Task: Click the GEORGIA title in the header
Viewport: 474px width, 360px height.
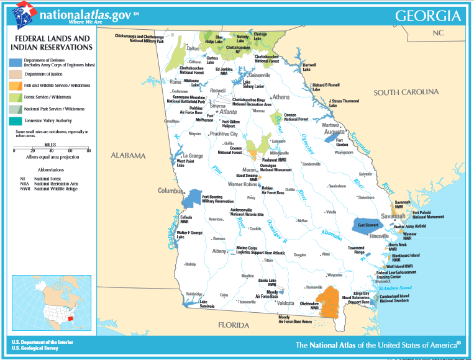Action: (x=427, y=15)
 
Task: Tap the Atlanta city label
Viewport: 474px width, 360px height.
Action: (x=227, y=112)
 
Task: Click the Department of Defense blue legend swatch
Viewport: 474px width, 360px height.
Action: (x=16, y=62)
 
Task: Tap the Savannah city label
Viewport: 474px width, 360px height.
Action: (x=393, y=216)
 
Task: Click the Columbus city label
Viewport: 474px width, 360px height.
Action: (x=170, y=191)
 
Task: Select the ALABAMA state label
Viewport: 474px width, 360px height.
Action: (x=128, y=155)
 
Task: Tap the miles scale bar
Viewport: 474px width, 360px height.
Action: (x=52, y=149)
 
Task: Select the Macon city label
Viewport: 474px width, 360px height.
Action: (x=248, y=169)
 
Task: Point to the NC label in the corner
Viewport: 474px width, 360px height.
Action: (x=439, y=32)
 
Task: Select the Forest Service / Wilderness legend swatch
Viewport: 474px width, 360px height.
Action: (x=16, y=97)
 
